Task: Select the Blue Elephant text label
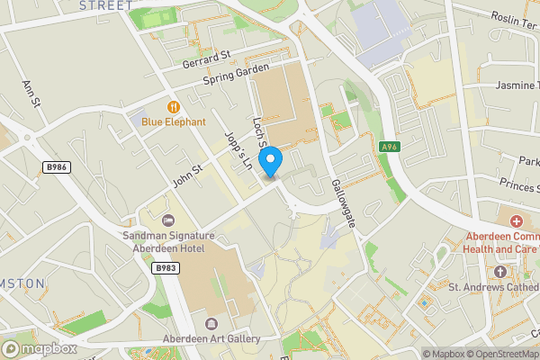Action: tap(173, 121)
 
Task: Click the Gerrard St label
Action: tap(207, 57)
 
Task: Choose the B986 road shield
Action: tap(56, 166)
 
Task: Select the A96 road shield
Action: tap(389, 147)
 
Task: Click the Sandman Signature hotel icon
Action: tap(166, 220)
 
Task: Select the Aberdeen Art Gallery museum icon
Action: tap(211, 323)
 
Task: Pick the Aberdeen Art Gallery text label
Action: tap(211, 339)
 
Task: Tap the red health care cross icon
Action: tap(517, 221)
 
